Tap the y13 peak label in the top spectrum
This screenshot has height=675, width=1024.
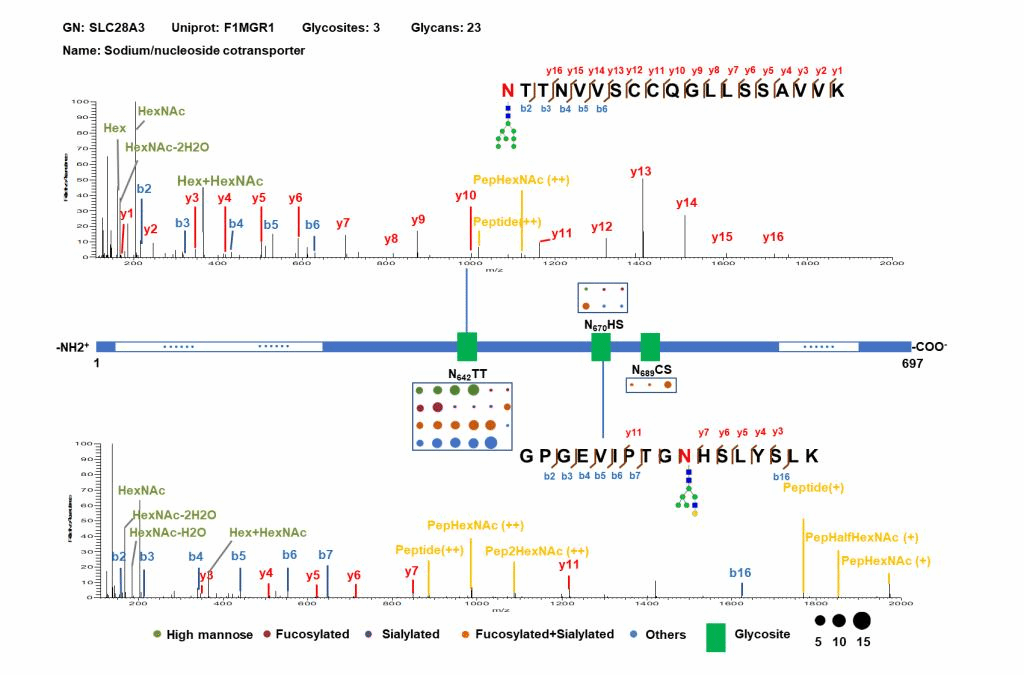pyautogui.click(x=641, y=172)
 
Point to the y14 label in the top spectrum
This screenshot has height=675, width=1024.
pyautogui.click(x=686, y=203)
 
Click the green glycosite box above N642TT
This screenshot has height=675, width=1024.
pyautogui.click(x=467, y=346)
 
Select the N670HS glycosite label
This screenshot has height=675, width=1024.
pyautogui.click(x=603, y=325)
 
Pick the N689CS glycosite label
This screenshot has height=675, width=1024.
pyautogui.click(x=651, y=370)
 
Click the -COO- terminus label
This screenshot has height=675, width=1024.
pyautogui.click(x=930, y=346)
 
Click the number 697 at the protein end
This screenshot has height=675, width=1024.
pyautogui.click(x=912, y=364)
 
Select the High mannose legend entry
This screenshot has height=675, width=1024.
pyautogui.click(x=208, y=635)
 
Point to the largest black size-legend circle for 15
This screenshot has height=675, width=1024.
pyautogui.click(x=863, y=621)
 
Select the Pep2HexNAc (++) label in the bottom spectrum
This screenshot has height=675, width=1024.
pyautogui.click(x=536, y=551)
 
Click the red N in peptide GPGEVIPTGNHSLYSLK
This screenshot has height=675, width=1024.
pyautogui.click(x=684, y=456)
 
